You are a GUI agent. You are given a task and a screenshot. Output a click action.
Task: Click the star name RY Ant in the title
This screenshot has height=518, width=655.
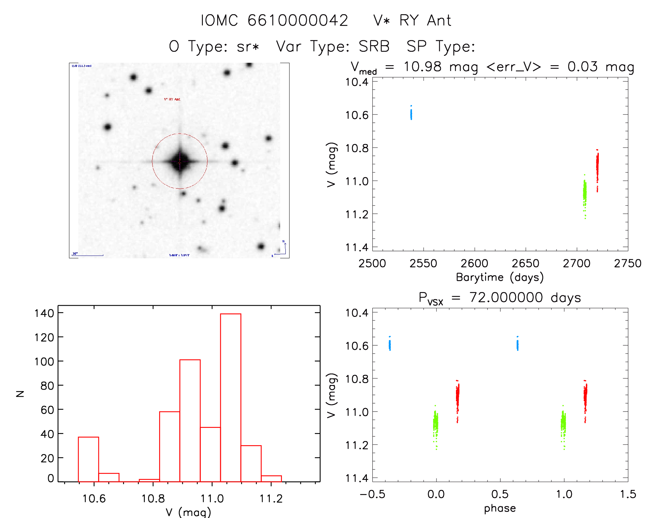(425, 20)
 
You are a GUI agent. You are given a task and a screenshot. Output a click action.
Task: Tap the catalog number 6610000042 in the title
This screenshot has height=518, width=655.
(298, 20)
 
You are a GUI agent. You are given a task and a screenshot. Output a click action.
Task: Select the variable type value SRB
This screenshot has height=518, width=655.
(374, 46)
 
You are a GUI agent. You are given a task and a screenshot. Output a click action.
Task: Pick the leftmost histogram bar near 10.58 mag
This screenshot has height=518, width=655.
(88, 459)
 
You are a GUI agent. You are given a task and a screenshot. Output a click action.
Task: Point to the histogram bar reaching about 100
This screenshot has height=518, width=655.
(190, 420)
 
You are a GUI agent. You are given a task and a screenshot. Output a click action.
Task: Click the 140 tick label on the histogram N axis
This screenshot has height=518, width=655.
(44, 313)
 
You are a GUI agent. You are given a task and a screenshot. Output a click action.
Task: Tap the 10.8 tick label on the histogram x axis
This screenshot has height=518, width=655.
(153, 499)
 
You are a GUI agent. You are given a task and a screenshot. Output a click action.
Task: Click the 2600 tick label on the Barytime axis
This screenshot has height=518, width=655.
(474, 264)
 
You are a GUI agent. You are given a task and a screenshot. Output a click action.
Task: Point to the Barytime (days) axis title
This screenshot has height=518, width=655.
(500, 277)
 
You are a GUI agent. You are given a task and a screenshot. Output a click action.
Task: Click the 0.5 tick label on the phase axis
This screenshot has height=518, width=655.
(500, 494)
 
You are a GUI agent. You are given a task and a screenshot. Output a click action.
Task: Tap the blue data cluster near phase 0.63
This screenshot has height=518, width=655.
(517, 345)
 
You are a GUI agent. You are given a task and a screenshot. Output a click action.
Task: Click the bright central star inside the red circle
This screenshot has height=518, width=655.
(180, 161)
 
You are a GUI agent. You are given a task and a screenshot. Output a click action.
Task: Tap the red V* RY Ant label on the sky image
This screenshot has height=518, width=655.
(172, 99)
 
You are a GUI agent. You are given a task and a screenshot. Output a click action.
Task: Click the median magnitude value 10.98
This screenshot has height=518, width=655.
(422, 67)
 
